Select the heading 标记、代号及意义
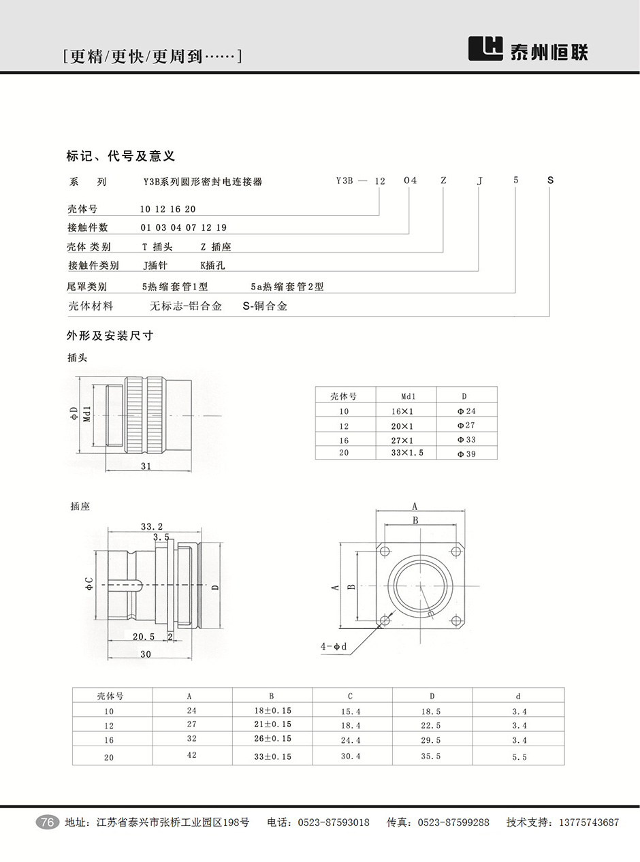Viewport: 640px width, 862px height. click(x=121, y=156)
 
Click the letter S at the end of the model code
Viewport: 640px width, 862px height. click(x=550, y=180)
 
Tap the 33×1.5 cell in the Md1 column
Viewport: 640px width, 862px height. click(x=408, y=453)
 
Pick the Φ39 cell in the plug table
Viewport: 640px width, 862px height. click(x=466, y=453)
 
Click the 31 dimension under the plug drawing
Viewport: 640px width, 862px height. click(x=146, y=466)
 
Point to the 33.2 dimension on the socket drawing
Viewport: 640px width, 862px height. click(x=152, y=526)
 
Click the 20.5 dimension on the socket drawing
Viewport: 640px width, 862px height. click(x=144, y=637)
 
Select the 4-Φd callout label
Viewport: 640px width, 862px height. click(x=334, y=645)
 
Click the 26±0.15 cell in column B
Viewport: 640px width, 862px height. click(x=272, y=739)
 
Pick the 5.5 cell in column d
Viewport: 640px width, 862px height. click(x=519, y=756)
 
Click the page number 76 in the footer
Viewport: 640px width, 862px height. click(x=47, y=823)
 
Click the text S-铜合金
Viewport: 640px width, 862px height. click(x=265, y=306)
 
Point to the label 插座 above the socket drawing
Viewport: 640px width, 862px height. click(x=80, y=507)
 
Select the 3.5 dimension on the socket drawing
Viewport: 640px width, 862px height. click(x=161, y=537)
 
